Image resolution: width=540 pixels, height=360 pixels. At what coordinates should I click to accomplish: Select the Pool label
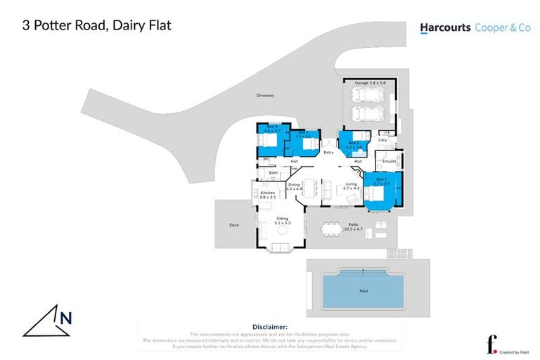363,290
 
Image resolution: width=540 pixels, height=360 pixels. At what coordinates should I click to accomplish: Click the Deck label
234,225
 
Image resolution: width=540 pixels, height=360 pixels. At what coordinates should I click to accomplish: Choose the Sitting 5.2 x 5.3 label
282,221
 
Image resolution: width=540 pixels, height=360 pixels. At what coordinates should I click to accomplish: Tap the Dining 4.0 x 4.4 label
295,186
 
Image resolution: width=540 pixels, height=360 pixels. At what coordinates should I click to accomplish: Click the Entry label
328,153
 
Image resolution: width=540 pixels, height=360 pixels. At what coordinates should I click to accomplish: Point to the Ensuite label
389,161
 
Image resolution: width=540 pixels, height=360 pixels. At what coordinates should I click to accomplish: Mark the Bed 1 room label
381,181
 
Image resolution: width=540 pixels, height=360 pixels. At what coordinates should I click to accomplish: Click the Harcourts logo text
446,28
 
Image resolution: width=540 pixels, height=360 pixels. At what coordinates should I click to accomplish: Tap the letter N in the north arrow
65,319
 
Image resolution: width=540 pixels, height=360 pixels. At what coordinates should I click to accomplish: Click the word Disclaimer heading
269,327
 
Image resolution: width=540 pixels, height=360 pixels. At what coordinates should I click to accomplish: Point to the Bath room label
273,172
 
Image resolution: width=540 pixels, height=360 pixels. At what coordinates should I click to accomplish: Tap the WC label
266,159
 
